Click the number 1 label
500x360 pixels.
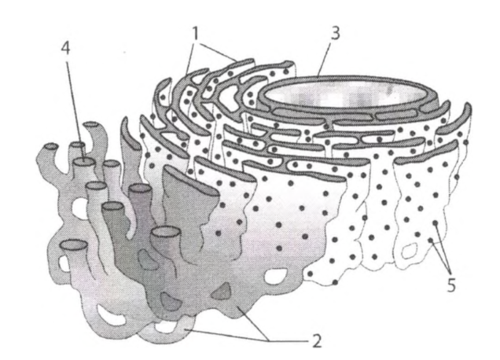pos(195,32)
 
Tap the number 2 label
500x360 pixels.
pos(316,341)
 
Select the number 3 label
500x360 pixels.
pos(335,33)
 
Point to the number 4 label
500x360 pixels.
pos(67,49)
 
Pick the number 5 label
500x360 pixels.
pos(451,285)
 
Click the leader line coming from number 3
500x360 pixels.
pos(326,59)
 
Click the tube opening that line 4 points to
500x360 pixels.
pos(84,162)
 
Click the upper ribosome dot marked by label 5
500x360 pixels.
pos(435,223)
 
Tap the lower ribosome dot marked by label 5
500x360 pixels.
pos(431,241)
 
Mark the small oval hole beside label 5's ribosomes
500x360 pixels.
pos(410,252)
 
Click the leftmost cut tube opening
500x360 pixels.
pos(51,146)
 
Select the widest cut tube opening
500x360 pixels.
pos(164,232)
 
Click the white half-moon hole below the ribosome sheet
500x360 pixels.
pos(276,275)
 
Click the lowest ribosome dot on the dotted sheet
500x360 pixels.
pos(335,282)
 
